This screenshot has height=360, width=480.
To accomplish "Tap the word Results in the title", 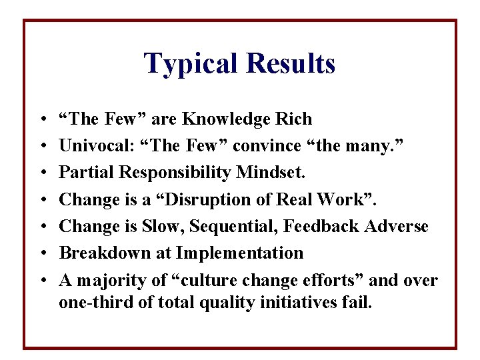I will pos(291,64).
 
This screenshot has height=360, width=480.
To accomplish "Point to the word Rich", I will pos(295,119).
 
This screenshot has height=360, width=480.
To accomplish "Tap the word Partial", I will pos(81,173).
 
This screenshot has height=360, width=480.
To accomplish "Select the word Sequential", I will pos(241,227).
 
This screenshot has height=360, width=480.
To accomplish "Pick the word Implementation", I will pos(239,253).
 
